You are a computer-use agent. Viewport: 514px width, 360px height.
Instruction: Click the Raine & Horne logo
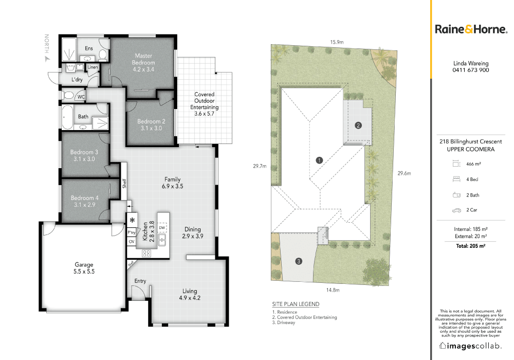click(471, 29)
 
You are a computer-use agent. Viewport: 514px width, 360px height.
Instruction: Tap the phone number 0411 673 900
click(471, 70)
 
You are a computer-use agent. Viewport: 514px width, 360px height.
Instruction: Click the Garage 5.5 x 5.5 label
click(84, 268)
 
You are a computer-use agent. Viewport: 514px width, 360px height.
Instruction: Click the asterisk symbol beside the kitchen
click(132, 220)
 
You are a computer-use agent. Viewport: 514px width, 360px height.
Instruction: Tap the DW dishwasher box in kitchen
click(162, 227)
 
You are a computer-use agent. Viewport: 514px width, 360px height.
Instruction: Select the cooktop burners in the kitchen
click(146, 253)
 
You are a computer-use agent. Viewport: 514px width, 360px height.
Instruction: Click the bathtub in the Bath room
click(67, 117)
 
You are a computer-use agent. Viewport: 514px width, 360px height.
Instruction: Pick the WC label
click(81, 97)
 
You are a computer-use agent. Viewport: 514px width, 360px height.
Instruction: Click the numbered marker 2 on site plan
click(358, 125)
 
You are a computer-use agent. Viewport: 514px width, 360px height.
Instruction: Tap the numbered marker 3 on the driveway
click(299, 261)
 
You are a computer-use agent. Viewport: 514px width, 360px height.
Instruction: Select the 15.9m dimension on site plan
click(337, 42)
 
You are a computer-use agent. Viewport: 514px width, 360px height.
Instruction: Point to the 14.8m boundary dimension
click(333, 290)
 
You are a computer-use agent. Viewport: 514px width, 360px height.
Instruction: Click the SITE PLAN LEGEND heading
click(296, 304)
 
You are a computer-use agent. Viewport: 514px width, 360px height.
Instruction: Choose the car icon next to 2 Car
click(456, 210)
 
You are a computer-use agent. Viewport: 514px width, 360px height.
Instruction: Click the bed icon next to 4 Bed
click(456, 179)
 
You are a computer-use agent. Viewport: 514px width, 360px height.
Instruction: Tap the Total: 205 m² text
click(470, 246)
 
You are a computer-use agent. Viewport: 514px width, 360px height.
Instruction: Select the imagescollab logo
click(470, 346)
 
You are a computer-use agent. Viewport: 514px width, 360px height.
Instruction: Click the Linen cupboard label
click(93, 67)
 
